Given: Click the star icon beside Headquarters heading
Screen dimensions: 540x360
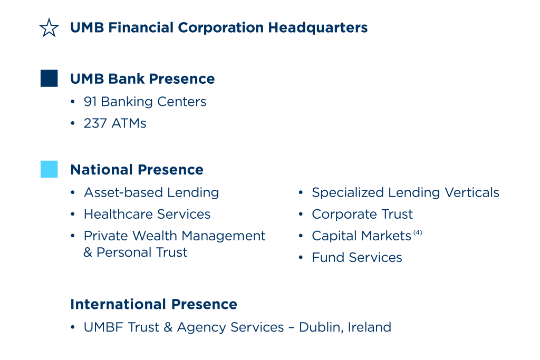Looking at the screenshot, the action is (49, 28).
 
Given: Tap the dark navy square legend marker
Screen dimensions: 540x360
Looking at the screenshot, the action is (49, 79).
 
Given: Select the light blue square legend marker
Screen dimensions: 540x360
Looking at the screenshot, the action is (49, 169).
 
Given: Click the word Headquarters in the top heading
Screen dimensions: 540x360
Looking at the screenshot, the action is (318, 28).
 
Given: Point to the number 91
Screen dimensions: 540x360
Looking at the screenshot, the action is (90, 102).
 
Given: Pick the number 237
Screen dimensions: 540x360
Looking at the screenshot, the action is (95, 123).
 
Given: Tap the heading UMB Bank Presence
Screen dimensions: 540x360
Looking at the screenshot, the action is (142, 79).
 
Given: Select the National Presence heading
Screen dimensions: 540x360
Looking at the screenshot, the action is (137, 170).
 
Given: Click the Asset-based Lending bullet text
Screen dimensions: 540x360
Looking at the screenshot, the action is (151, 193).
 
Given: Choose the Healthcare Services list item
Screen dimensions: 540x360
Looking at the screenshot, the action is (147, 215).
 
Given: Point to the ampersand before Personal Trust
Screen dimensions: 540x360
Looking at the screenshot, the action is (88, 252).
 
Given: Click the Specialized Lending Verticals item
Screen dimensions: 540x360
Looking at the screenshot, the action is (406, 193).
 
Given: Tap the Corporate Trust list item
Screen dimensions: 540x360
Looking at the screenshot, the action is (362, 215).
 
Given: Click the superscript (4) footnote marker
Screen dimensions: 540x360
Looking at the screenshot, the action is (418, 232).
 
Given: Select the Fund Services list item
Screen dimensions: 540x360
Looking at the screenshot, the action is (357, 258).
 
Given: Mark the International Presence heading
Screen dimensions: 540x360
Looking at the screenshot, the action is (153, 304).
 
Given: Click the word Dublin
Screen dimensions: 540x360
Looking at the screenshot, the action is (321, 327).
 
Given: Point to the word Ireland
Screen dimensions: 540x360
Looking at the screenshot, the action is (370, 327).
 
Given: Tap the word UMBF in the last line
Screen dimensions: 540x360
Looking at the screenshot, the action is (103, 327).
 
